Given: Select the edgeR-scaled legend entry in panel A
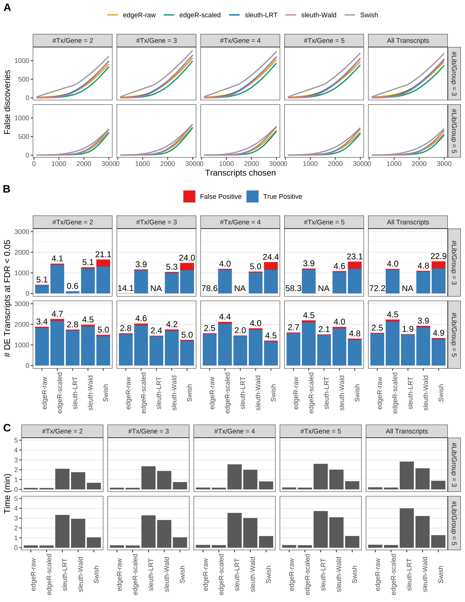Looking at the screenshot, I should coord(200,15).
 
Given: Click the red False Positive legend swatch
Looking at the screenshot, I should coord(189,197).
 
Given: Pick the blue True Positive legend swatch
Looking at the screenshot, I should coord(252,197).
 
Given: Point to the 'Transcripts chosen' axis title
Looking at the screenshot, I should coord(240,173).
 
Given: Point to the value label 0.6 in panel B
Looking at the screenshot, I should coord(72,286).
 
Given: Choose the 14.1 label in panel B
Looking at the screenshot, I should coord(126,288).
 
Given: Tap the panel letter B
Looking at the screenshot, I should coord(7,189).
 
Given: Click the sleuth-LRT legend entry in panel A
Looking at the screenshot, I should coord(261,15).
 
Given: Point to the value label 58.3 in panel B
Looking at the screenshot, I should coord(293,288).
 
